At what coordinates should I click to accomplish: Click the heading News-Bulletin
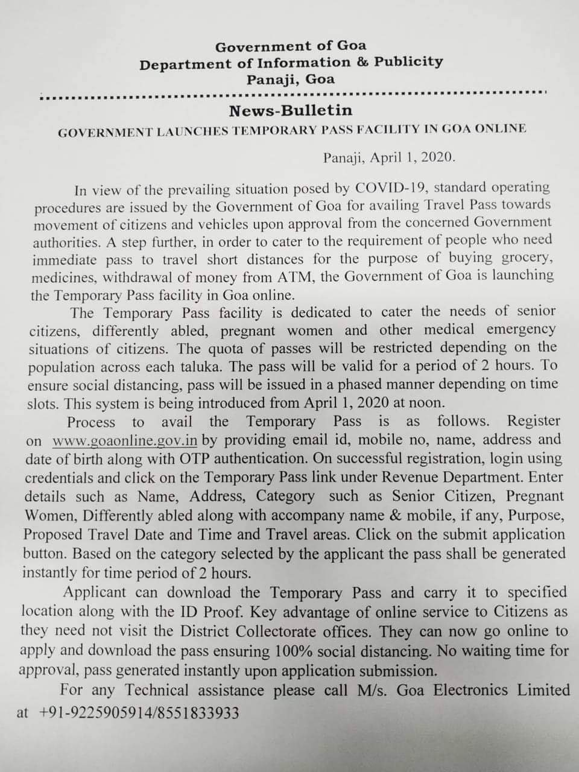tap(290, 111)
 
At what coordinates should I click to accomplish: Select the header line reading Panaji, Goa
tap(290, 79)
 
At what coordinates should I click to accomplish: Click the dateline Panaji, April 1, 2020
tap(389, 158)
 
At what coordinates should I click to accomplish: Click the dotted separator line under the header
tap(292, 95)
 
